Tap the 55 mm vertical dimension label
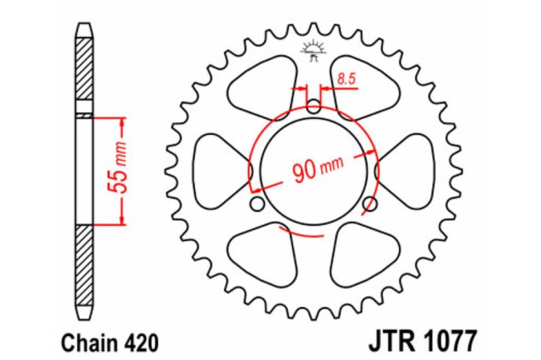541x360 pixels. [116, 171]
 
